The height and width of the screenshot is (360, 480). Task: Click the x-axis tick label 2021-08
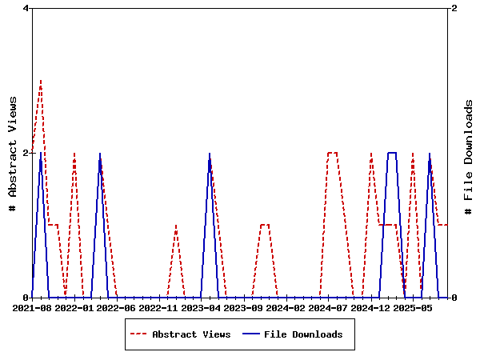(32, 307)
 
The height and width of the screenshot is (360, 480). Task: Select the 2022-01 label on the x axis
(74, 307)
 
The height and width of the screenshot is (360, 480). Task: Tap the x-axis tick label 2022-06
(117, 307)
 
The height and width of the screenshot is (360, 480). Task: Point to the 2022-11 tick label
(158, 307)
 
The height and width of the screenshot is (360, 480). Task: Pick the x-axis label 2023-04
(201, 307)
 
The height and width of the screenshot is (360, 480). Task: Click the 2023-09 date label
(243, 307)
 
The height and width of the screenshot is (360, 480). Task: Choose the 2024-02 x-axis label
(286, 307)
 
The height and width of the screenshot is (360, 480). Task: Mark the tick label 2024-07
(328, 307)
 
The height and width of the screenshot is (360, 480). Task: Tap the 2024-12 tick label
(370, 307)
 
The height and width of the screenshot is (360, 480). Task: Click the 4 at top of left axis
(26, 8)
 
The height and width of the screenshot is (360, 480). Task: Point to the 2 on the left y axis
(26, 153)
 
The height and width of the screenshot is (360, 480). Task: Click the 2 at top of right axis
(454, 8)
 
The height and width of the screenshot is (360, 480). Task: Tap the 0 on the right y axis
(454, 298)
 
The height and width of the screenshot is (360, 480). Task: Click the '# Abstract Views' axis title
(13, 153)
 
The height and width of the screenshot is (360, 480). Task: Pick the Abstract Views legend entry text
(191, 334)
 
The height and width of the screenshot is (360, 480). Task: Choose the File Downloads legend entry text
(303, 334)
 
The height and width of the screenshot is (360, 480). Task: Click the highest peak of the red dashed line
(41, 80)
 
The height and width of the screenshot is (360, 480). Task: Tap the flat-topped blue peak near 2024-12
(392, 152)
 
